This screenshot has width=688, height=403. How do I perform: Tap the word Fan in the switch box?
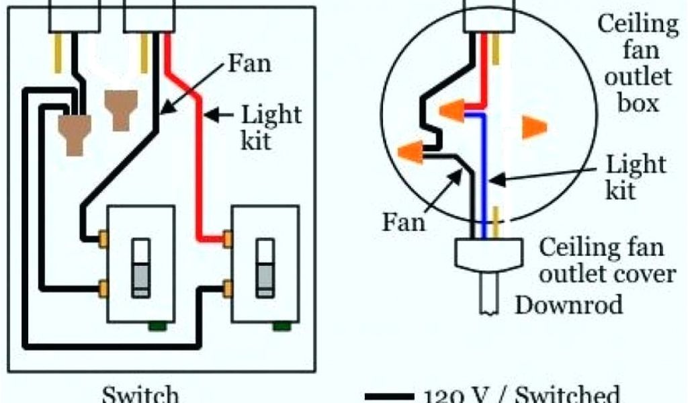[250, 64]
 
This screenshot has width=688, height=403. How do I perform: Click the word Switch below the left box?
[140, 394]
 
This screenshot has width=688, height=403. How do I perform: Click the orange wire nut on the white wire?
[533, 127]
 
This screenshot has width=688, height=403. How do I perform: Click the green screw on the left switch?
[157, 326]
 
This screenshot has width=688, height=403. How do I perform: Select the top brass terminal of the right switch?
[228, 238]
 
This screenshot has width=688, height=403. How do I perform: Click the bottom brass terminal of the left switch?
[104, 289]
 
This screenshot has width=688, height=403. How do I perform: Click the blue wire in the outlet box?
[482, 168]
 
